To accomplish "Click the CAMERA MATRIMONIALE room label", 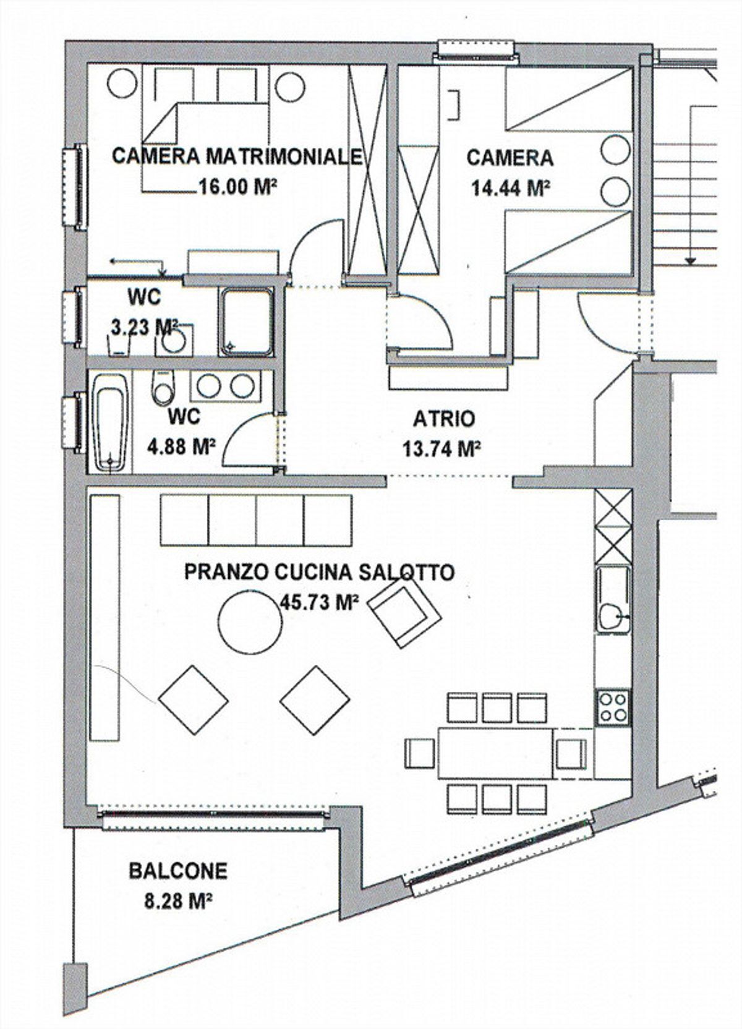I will click(237, 156).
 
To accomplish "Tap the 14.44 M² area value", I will click(511, 187).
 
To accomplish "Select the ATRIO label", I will click(444, 419).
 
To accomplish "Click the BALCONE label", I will click(178, 871).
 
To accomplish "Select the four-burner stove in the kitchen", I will click(613, 707).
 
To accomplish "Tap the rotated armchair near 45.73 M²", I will click(406, 616).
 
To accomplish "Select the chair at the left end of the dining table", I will click(420, 753).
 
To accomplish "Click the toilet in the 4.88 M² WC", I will click(164, 388).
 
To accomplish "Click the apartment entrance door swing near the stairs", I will click(603, 322).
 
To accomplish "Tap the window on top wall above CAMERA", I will click(476, 51).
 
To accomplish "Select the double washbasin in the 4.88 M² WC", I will click(223, 386).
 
